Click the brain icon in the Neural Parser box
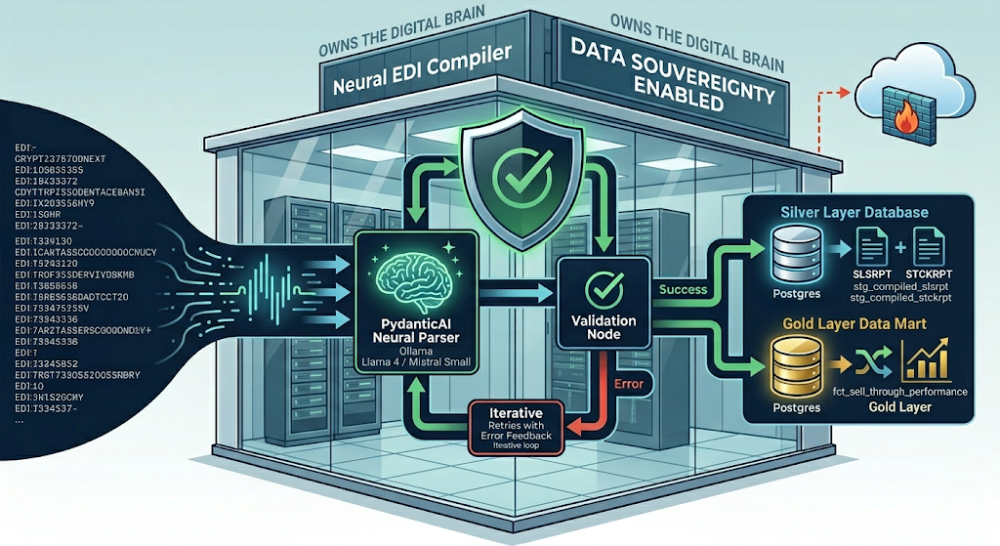pyautogui.click(x=417, y=276)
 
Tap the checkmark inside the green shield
pyautogui.click(x=513, y=174)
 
